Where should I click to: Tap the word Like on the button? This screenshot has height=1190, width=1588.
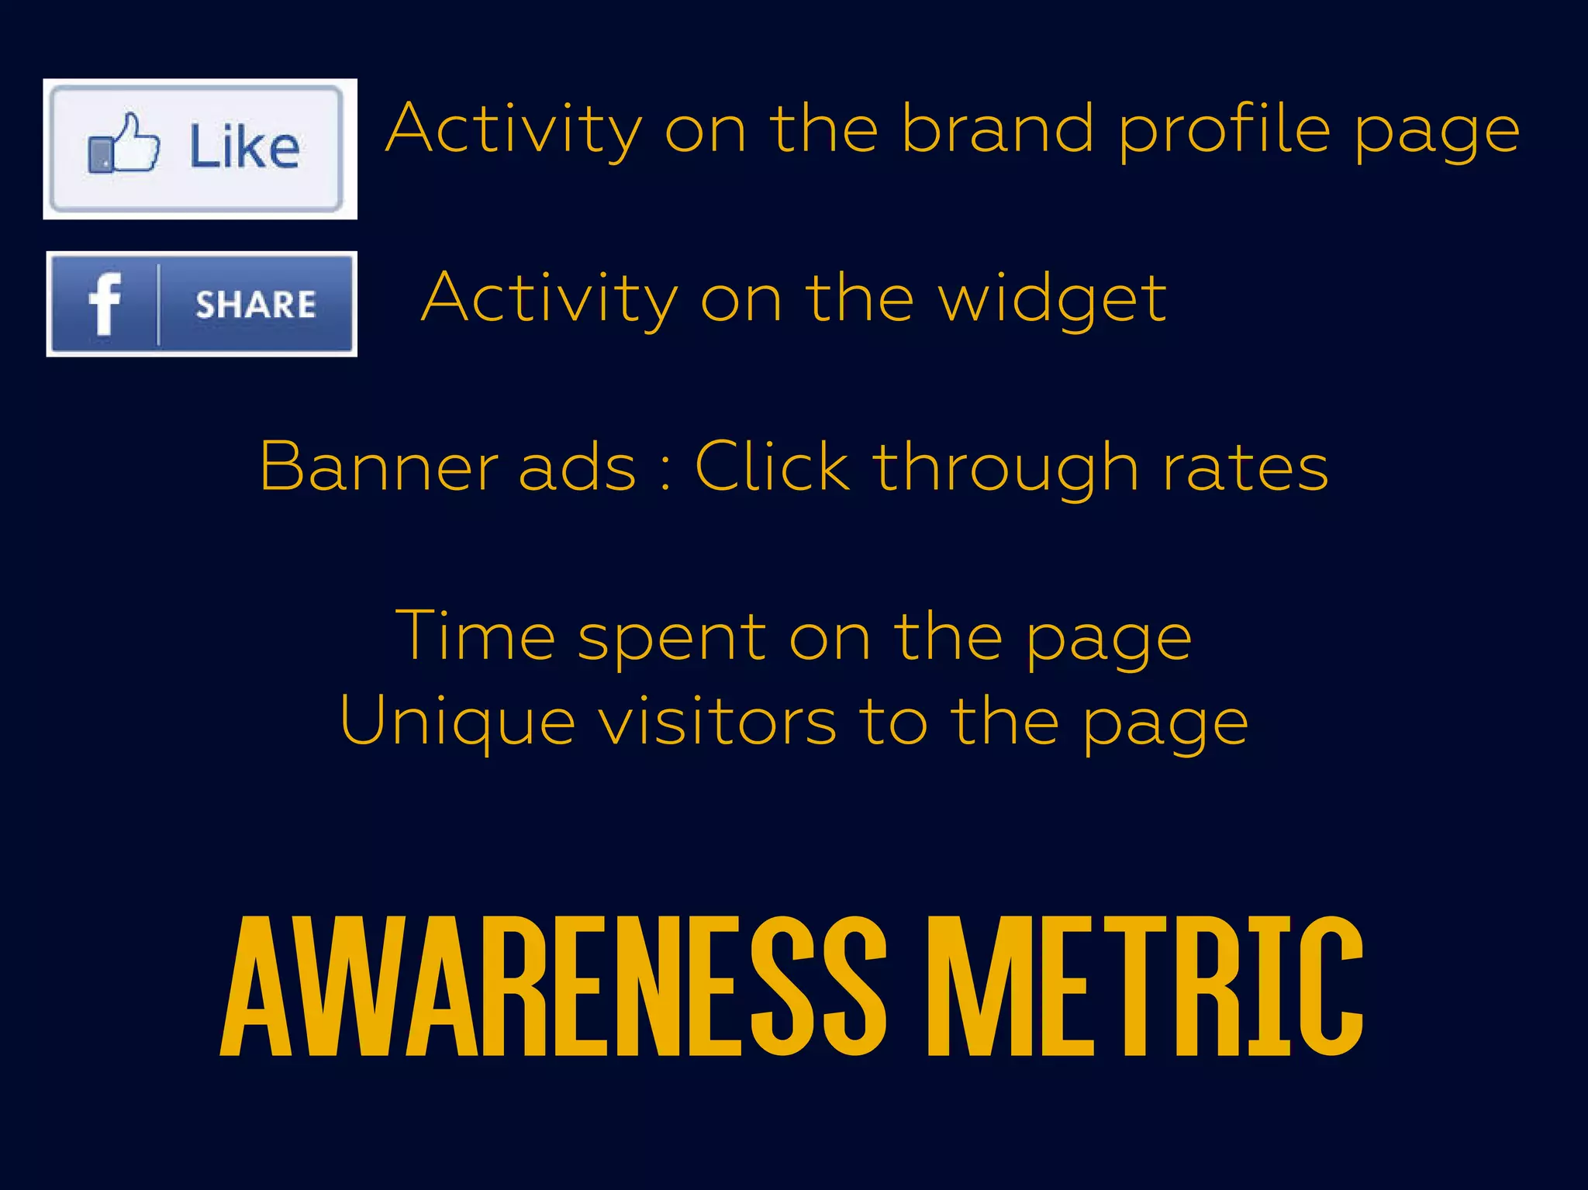(x=244, y=147)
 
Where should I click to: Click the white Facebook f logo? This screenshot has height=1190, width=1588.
(x=105, y=304)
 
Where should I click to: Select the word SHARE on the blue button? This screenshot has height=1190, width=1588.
(x=255, y=305)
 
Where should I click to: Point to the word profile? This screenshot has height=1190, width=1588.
(x=1225, y=130)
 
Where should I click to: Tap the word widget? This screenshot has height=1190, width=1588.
(x=1052, y=299)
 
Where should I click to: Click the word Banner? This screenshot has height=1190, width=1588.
(x=378, y=467)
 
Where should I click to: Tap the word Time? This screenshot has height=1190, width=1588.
(x=475, y=636)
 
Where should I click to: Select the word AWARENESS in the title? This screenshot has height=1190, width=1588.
(x=553, y=986)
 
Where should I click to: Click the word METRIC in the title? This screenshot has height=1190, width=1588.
(x=1145, y=986)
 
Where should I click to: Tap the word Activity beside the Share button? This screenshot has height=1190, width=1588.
(x=550, y=299)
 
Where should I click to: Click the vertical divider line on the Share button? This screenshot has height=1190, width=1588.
(x=158, y=304)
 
